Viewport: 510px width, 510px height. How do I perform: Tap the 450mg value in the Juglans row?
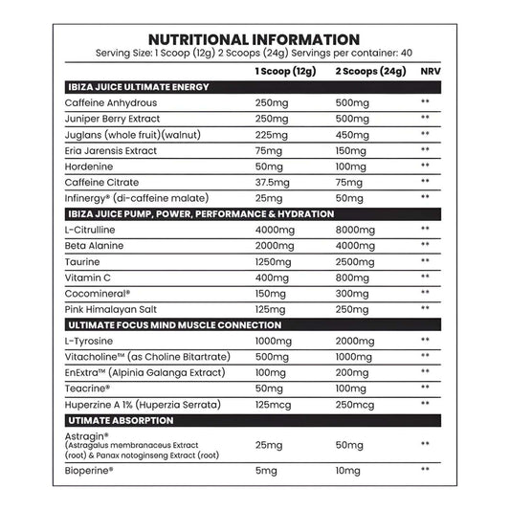click(357, 134)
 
